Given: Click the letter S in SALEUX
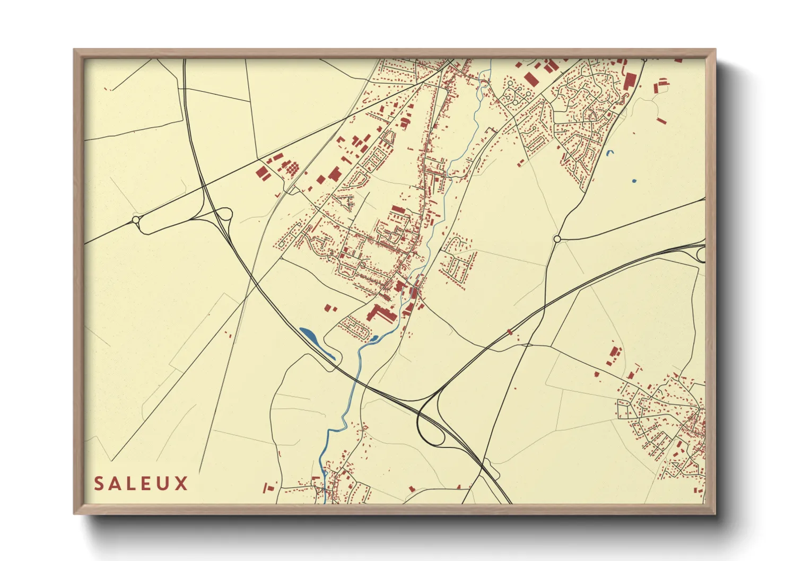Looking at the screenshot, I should (99, 484).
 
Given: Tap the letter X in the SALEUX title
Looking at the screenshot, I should (182, 484).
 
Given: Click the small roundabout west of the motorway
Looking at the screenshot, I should (136, 220).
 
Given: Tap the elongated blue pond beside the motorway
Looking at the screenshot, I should (316, 341).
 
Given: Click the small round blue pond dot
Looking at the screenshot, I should (634, 181).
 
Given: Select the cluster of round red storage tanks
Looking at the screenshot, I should (291, 169).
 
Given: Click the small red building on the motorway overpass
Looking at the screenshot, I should (510, 332).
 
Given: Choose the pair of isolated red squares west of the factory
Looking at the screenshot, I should (330, 308).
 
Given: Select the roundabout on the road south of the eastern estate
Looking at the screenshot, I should (557, 239).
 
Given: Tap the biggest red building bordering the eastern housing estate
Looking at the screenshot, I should (630, 81).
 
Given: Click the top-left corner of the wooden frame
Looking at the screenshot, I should (75, 50).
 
